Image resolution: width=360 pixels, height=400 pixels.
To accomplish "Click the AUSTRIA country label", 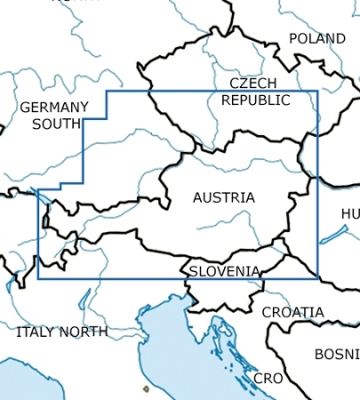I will click(x=223, y=197).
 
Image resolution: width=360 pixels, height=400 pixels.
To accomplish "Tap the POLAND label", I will click(x=316, y=39).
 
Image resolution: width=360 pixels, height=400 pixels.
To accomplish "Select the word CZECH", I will click(x=253, y=83).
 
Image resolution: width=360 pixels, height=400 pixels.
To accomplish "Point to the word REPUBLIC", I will click(x=255, y=100).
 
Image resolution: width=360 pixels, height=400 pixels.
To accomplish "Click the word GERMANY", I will click(x=54, y=107).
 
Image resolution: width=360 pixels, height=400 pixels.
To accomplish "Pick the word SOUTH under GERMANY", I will click(x=55, y=124).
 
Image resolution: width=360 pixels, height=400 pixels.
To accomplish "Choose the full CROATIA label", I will click(x=292, y=312).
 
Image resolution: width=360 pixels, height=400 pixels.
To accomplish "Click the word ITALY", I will click(x=37, y=332).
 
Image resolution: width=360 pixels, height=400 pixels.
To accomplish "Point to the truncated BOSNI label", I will click(x=337, y=354).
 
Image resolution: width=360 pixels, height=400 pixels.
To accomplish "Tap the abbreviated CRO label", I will click(x=268, y=379).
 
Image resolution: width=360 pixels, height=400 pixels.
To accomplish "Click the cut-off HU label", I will click(x=350, y=214).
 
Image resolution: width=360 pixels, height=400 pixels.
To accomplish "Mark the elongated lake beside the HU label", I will click(x=334, y=234).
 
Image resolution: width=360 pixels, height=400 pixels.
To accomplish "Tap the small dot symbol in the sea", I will click(x=146, y=388).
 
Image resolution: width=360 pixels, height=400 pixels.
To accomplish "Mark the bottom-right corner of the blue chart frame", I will click(x=317, y=277).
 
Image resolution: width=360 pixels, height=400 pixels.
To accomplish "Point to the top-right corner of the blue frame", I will click(x=317, y=91).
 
